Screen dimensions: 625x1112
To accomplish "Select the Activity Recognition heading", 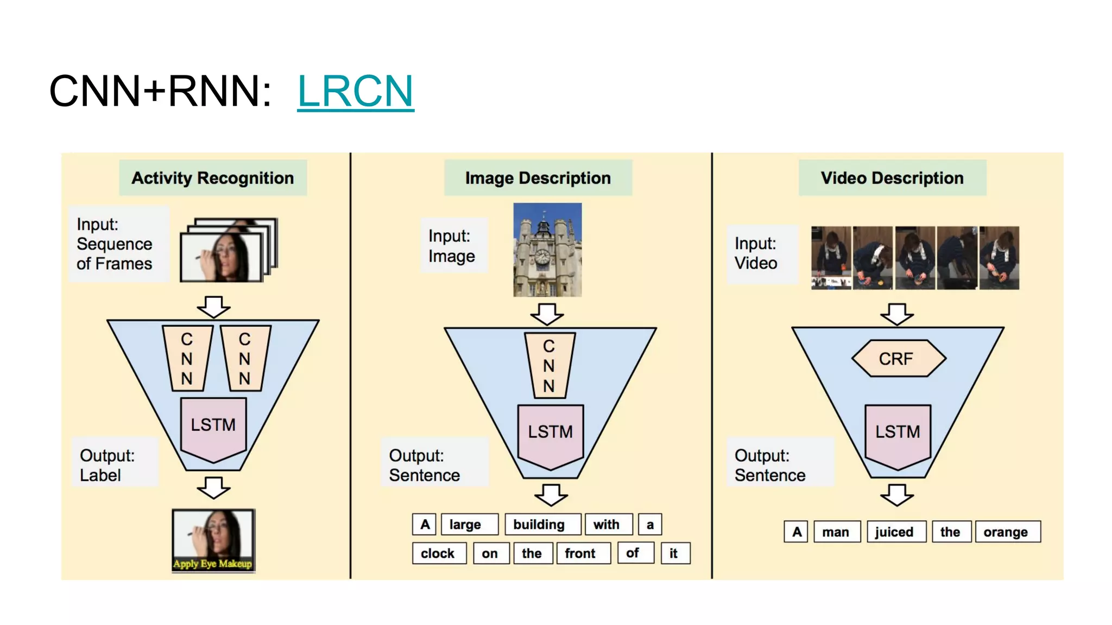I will (x=213, y=178).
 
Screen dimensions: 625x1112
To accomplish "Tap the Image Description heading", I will (x=538, y=178).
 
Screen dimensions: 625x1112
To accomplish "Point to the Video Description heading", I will (x=892, y=178).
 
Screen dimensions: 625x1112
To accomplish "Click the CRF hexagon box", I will (x=898, y=359).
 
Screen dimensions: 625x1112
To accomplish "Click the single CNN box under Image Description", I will (x=549, y=366).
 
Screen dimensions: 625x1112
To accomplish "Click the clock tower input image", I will (x=547, y=250).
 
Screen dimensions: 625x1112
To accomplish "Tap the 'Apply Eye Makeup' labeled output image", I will (x=213, y=540).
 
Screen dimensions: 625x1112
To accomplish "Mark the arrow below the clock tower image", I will (x=547, y=314).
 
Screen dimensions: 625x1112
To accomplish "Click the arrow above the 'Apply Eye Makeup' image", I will (x=213, y=487).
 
